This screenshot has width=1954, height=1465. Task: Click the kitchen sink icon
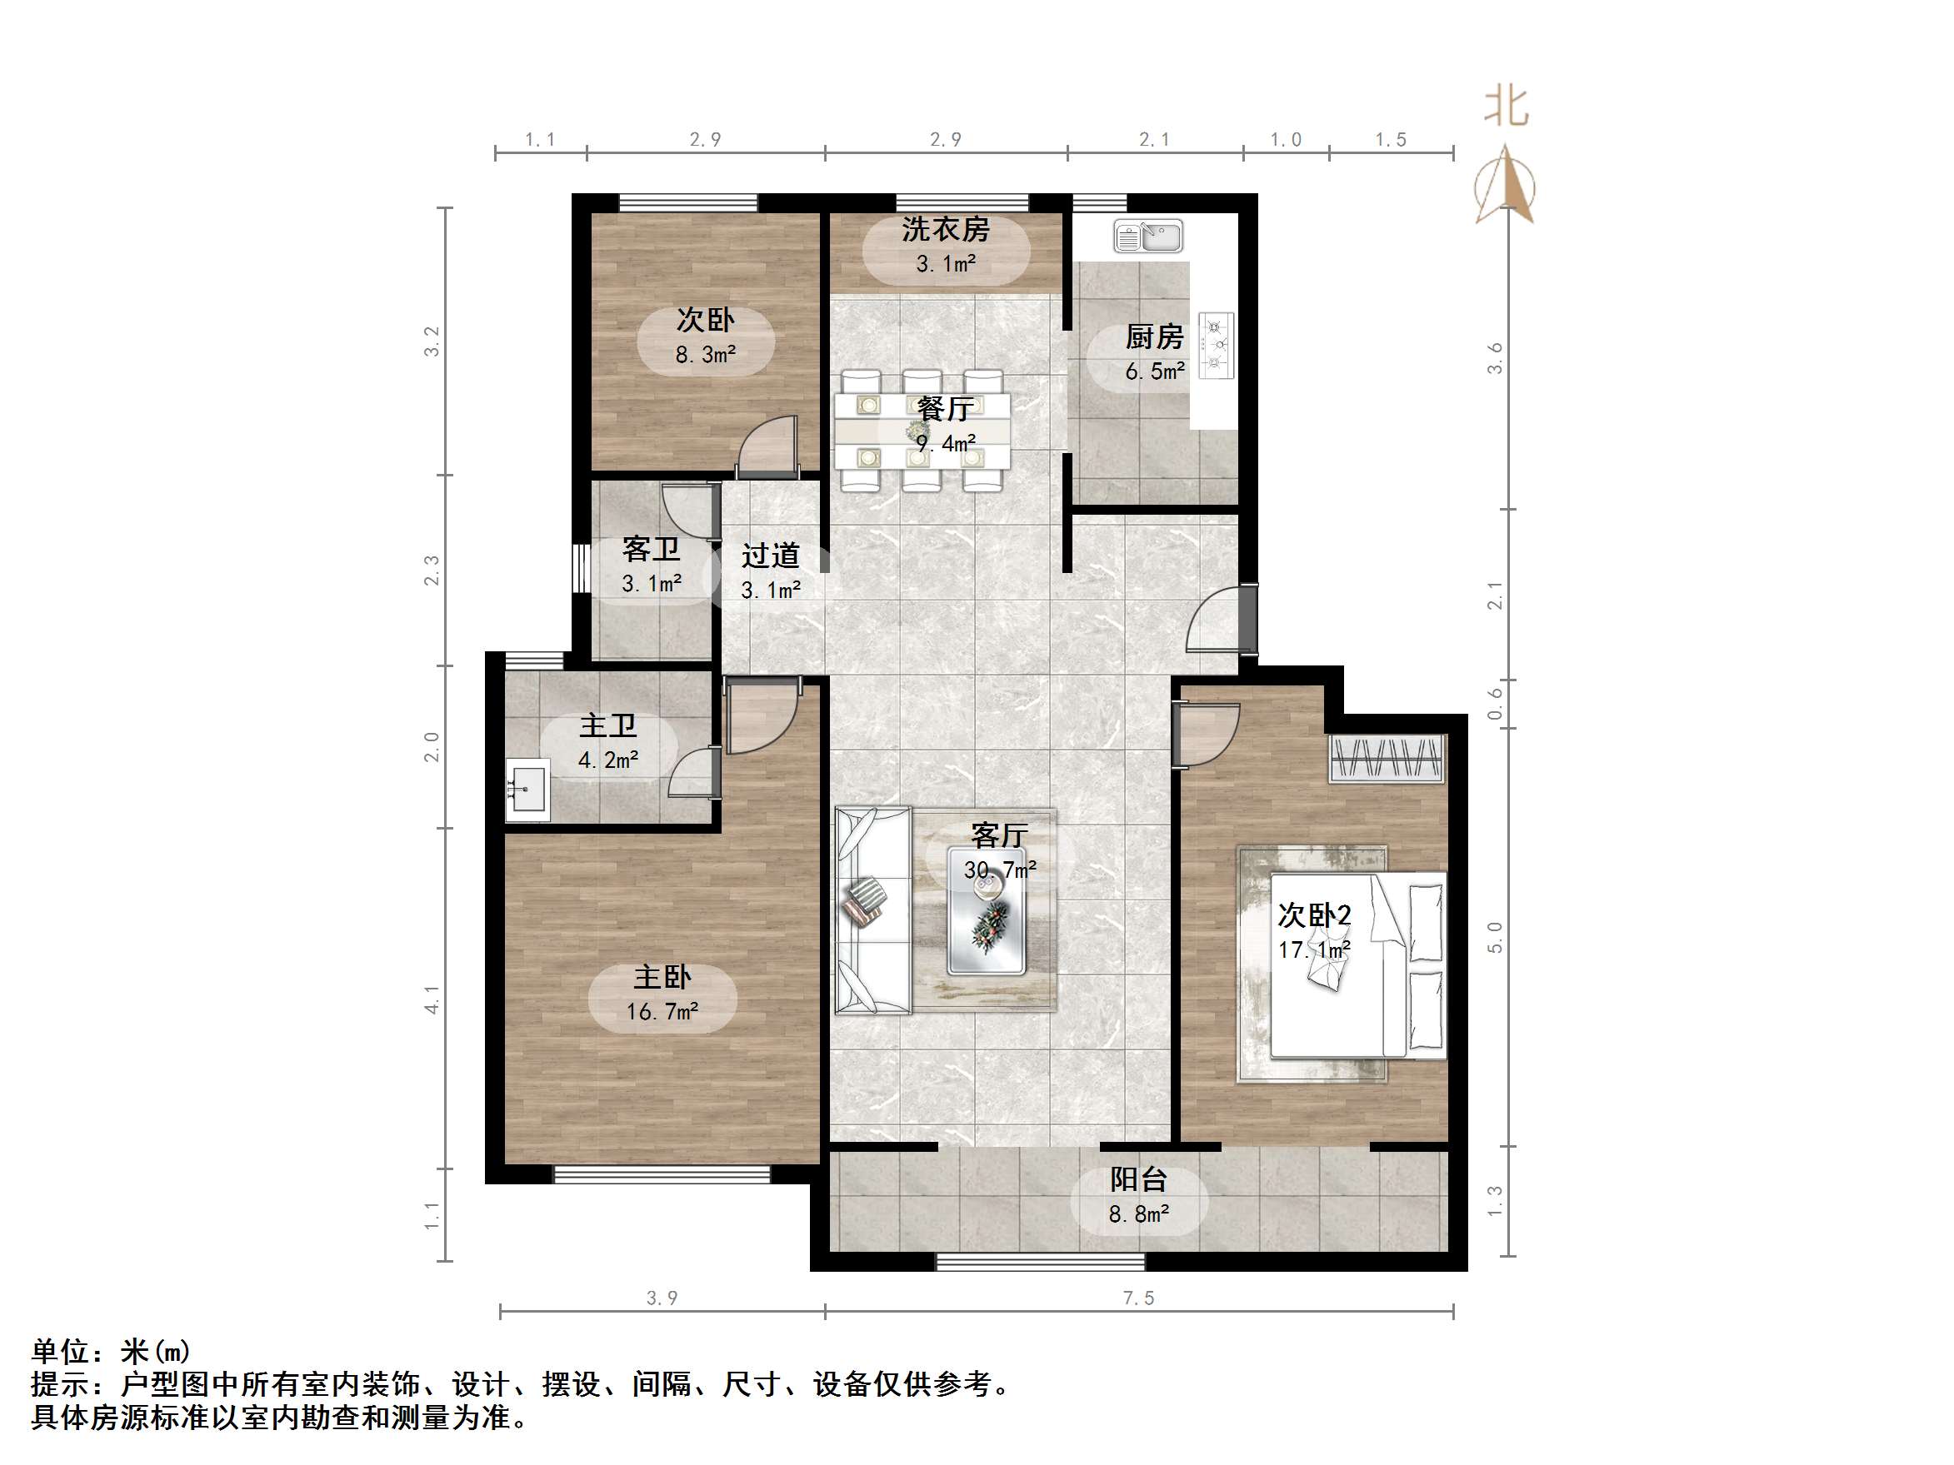click(1147, 236)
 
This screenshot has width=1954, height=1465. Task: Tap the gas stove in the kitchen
click(1217, 346)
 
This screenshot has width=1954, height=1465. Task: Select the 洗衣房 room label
click(945, 230)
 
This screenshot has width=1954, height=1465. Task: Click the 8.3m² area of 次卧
click(706, 355)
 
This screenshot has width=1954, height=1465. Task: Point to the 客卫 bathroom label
click(651, 549)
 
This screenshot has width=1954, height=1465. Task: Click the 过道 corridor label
click(770, 556)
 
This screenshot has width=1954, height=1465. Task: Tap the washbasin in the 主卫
click(527, 789)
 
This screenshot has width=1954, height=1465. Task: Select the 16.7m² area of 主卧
click(662, 1011)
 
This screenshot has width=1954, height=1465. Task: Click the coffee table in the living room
click(987, 911)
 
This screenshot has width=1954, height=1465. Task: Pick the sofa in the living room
click(872, 909)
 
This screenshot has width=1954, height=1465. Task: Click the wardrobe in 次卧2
click(1387, 758)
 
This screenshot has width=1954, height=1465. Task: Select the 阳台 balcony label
click(1139, 1180)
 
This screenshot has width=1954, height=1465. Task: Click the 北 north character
click(1507, 107)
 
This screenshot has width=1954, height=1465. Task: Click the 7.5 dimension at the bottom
click(1139, 1298)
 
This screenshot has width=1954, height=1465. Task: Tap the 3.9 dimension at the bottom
click(662, 1298)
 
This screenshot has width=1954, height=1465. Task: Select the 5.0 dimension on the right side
click(1495, 937)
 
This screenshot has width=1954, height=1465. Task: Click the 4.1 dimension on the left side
click(432, 999)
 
